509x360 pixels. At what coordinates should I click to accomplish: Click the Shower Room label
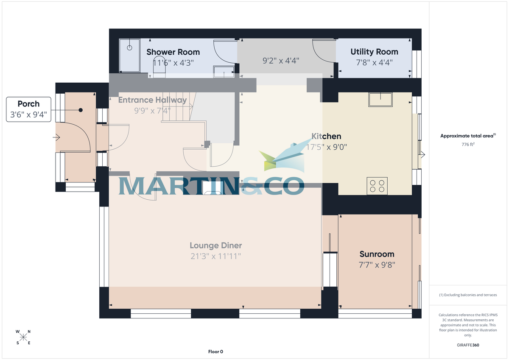(x=173, y=52)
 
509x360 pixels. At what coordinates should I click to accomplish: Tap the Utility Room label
(x=374, y=52)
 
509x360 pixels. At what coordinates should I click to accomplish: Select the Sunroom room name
(x=377, y=254)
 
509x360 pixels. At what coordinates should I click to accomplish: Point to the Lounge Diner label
(x=215, y=246)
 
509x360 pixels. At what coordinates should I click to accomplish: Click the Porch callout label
(x=28, y=104)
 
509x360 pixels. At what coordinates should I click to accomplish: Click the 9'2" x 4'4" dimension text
(x=281, y=61)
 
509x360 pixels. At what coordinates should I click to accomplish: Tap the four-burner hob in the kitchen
(x=377, y=186)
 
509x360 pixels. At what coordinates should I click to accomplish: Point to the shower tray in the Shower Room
(x=129, y=56)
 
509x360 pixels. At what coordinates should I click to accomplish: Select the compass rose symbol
(x=23, y=337)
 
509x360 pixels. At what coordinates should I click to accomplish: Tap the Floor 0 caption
(x=215, y=352)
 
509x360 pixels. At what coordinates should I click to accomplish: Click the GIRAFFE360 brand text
(x=467, y=345)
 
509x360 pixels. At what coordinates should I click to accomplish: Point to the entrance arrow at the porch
(x=56, y=138)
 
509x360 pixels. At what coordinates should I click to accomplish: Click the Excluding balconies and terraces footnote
(x=467, y=295)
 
